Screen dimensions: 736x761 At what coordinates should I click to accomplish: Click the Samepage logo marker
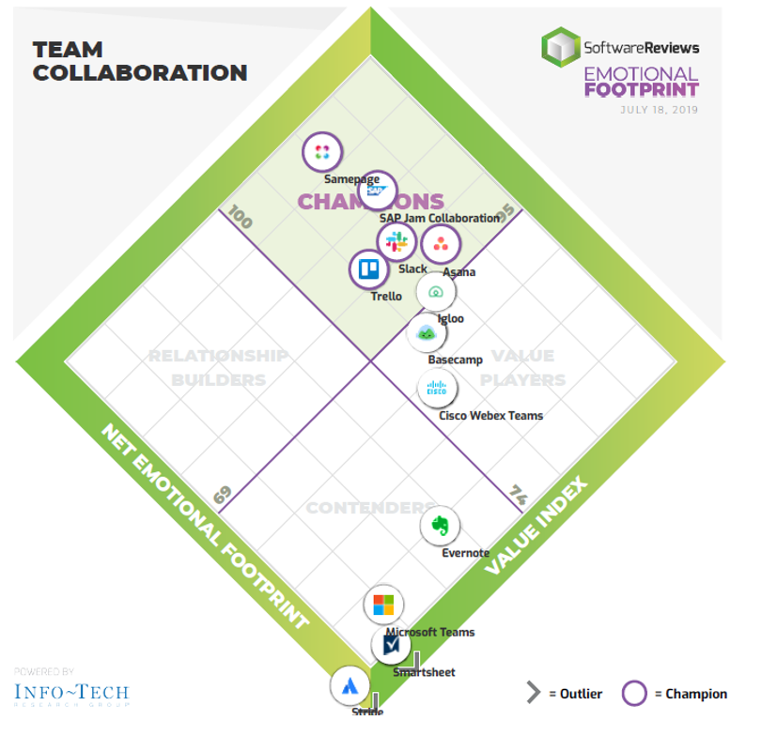click(x=321, y=151)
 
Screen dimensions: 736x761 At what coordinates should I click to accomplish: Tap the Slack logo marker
click(x=396, y=241)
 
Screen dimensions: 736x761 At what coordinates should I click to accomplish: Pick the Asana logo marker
click(x=439, y=245)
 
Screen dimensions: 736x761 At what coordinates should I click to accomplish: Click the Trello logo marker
click(x=367, y=270)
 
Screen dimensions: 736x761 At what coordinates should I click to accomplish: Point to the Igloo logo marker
click(x=436, y=292)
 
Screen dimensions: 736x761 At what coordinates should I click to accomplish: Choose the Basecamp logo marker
click(x=426, y=332)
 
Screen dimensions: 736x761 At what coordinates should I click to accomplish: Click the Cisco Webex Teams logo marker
click(x=437, y=388)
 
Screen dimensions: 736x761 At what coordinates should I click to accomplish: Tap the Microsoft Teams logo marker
click(x=383, y=605)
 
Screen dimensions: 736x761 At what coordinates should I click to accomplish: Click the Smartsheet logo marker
click(x=391, y=645)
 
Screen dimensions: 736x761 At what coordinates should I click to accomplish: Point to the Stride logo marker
click(x=349, y=685)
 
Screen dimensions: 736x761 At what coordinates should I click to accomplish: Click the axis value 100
click(x=241, y=220)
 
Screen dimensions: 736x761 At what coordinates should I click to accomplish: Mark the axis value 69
click(x=222, y=495)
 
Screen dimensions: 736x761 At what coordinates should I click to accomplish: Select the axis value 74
click(x=518, y=494)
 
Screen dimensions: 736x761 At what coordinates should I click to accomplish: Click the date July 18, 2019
click(x=659, y=110)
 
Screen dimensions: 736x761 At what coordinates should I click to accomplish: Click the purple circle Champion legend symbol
click(x=635, y=694)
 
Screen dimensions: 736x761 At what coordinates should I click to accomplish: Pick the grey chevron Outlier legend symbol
click(x=534, y=694)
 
